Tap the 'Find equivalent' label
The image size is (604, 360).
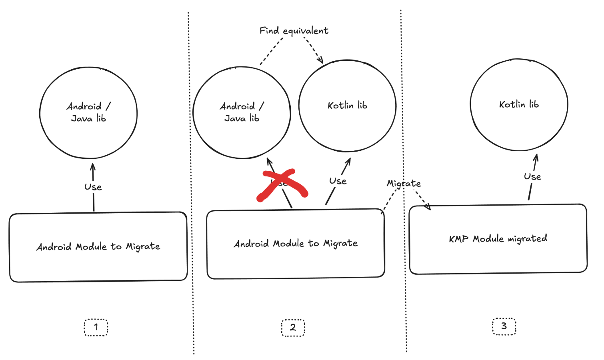coord(294,31)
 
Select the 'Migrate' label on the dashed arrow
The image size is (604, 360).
coord(404,184)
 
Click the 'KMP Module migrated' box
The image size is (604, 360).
coord(498,239)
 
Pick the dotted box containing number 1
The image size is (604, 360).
coord(96,327)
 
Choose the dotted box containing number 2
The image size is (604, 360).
coord(293,328)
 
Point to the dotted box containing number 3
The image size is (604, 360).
coord(504,326)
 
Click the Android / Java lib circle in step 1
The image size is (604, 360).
coord(88,112)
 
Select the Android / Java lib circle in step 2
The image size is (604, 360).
coord(242,112)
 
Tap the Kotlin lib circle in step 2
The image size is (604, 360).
coord(347,106)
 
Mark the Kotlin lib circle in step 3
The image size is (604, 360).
coord(519,105)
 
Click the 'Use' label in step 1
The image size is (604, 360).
coord(93,187)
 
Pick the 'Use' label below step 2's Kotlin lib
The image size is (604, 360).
coord(338,181)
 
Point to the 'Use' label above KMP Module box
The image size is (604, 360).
coord(532,177)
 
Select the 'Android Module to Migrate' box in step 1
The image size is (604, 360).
coord(98,247)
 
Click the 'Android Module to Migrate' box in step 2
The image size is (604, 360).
coord(296,244)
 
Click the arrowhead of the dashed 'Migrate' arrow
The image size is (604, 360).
coord(428,207)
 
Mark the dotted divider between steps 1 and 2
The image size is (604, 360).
coord(191,180)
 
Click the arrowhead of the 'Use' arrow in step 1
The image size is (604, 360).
coord(93,165)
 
